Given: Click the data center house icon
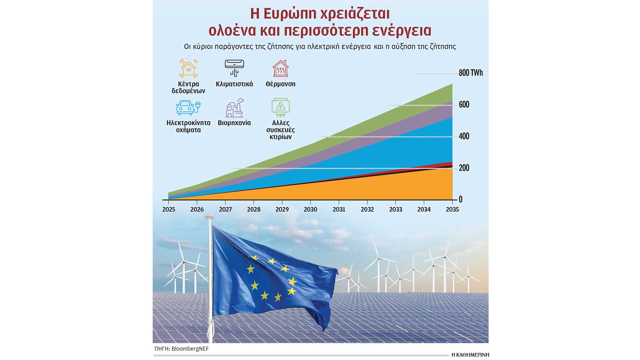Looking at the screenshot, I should tap(188, 68).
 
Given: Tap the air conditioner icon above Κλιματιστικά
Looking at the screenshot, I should tap(234, 68).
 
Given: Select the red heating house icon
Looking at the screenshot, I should tap(281, 68).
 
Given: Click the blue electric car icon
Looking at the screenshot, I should tap(188, 107).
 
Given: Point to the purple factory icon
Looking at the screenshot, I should tap(234, 108).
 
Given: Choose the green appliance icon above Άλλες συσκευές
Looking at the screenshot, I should tap(281, 107).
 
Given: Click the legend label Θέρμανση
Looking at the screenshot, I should tap(281, 84).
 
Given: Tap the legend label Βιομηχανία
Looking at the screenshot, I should tap(234, 123).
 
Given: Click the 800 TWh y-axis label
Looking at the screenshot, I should tap(471, 73).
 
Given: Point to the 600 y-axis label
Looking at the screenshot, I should tap(464, 104).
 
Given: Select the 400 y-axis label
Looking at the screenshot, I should tap(464, 136).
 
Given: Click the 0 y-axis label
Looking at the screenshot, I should tap(461, 199).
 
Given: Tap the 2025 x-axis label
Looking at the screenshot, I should tap(169, 209).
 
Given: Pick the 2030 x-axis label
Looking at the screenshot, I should tap(310, 209).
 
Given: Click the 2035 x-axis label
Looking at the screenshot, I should tap(452, 209).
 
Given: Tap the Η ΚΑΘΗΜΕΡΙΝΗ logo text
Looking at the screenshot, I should tap(470, 355).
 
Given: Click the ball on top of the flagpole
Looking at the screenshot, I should tap(209, 217).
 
